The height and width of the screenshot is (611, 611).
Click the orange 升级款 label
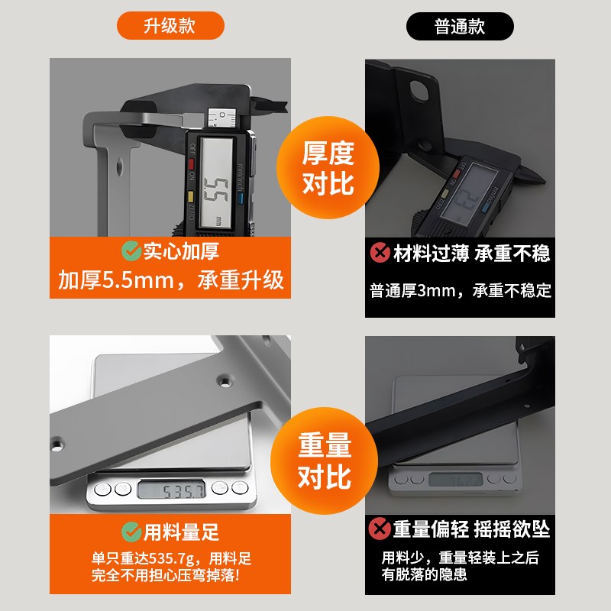(x=170, y=27)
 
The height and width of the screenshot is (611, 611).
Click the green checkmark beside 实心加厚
(x=131, y=251)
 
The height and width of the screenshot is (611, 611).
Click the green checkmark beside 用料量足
(x=131, y=530)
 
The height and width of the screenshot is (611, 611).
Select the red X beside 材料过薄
(x=379, y=253)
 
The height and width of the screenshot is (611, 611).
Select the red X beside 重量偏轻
(x=379, y=529)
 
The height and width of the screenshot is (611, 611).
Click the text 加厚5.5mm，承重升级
(x=170, y=280)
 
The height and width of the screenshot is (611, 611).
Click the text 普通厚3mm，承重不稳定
(x=460, y=290)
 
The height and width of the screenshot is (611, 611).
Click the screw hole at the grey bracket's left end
(x=57, y=442)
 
